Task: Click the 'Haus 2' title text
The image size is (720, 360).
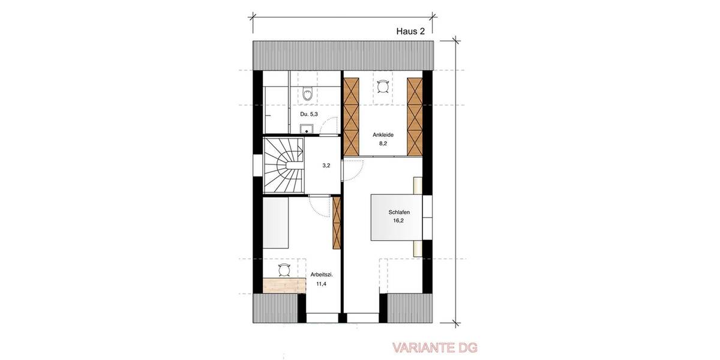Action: click(x=411, y=32)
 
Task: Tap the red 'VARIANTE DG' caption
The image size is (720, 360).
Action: click(x=435, y=347)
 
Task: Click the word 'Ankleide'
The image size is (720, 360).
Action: click(x=383, y=135)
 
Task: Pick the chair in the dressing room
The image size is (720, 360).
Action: click(x=383, y=86)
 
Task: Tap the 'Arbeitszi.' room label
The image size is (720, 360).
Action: click(x=322, y=275)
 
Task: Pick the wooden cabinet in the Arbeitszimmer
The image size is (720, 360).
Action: click(x=336, y=223)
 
